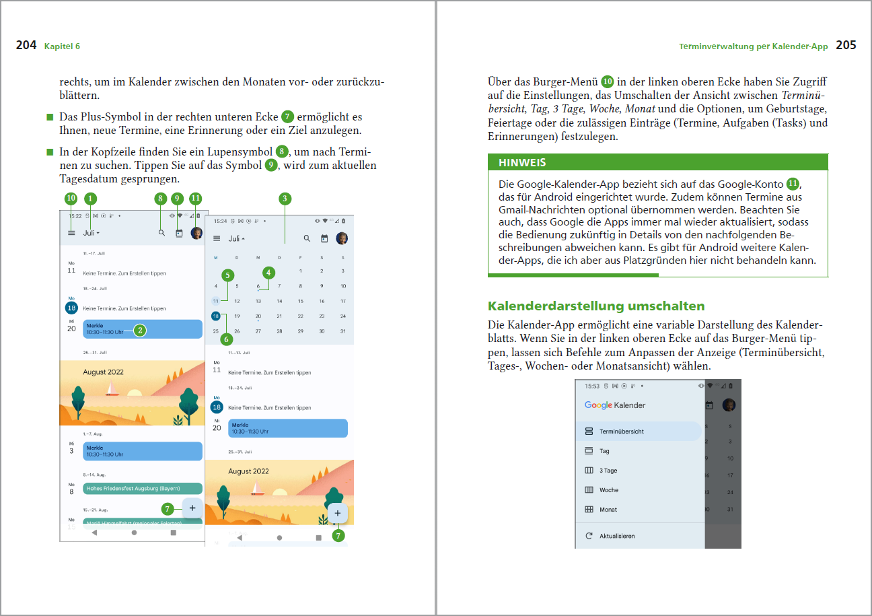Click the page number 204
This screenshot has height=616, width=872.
[26, 46]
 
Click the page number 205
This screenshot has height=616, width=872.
[846, 46]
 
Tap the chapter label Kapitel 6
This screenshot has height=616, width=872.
[62, 46]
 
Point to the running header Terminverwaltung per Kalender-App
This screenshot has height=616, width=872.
[753, 46]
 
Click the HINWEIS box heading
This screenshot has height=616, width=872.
[522, 162]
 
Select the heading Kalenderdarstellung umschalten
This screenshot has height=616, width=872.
[596, 306]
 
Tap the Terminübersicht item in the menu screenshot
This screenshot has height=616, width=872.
[621, 431]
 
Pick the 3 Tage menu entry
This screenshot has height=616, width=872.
[608, 471]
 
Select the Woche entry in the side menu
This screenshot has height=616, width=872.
[608, 490]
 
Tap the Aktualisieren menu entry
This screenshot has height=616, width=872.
[616, 536]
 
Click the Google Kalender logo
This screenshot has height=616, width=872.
[614, 405]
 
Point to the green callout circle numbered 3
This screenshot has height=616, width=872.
[285, 199]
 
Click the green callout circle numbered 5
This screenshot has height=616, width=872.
[229, 275]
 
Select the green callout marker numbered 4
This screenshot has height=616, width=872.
[269, 273]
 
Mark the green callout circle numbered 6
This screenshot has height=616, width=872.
[226, 339]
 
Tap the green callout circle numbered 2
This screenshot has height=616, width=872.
[139, 331]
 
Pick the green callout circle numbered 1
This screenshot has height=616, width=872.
[90, 199]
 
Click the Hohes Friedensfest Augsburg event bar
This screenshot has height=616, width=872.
[142, 488]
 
